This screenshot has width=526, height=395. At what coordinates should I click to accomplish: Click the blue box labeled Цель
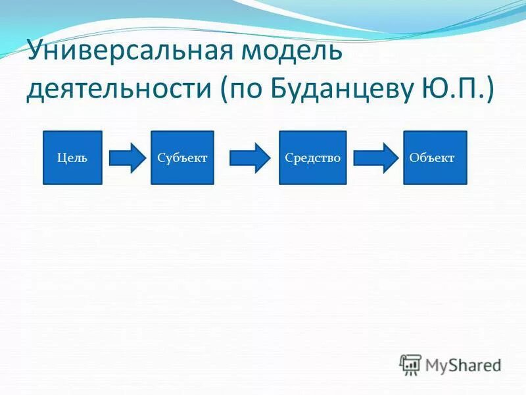pos(72,157)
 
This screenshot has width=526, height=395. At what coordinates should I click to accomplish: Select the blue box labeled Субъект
pos(182,157)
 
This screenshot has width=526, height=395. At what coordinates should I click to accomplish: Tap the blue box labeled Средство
pos(312,157)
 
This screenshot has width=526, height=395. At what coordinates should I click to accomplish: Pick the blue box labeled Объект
pos(435,157)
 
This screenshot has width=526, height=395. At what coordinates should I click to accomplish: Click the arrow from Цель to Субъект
pos(127,158)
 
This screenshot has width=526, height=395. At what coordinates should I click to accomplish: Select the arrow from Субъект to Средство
pos(249,158)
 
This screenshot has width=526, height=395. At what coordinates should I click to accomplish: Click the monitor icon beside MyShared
pos(410,365)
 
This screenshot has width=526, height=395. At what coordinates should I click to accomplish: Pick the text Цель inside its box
pos(72,158)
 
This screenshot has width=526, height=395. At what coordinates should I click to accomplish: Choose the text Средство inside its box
pos(312,158)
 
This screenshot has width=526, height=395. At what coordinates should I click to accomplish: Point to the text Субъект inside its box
pos(182,158)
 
